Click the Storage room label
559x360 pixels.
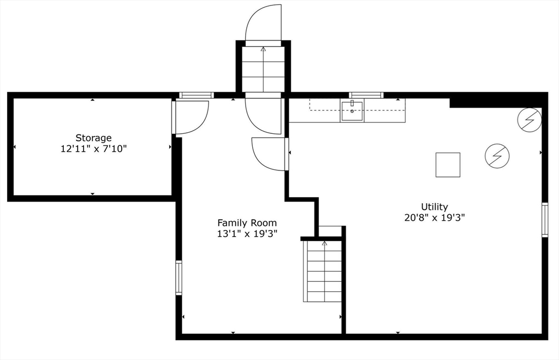93,138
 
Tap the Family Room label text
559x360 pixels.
247,223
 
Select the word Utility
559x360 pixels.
434,207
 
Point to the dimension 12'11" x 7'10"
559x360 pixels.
93,149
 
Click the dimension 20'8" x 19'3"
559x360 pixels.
435,217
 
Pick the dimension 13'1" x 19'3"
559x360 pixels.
247,234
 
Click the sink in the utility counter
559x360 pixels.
352,110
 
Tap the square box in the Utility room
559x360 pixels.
448,165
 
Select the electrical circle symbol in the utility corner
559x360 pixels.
530,120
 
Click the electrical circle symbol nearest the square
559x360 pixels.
497,156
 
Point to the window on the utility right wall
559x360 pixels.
545,220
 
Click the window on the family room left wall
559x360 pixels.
179,278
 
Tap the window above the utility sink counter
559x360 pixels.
366,95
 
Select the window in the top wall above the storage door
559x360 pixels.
196,95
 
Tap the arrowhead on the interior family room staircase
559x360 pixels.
324,243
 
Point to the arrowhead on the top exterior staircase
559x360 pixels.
263,49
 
